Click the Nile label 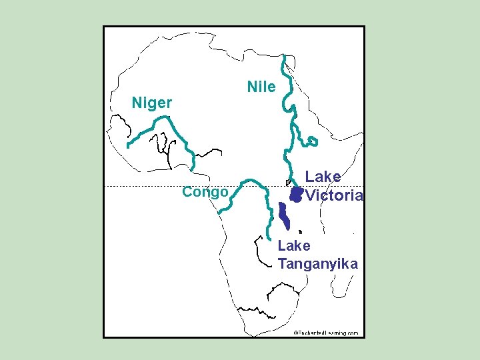pyautogui.click(x=261, y=87)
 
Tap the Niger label pyautogui.click(x=152, y=103)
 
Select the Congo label pyautogui.click(x=205, y=193)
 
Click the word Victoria pyautogui.click(x=334, y=195)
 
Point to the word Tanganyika pyautogui.click(x=318, y=263)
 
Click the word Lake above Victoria pyautogui.click(x=323, y=177)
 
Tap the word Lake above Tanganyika pyautogui.click(x=294, y=246)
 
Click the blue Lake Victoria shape pyautogui.click(x=295, y=194)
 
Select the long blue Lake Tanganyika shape pyautogui.click(x=285, y=217)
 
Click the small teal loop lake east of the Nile pyautogui.click(x=311, y=141)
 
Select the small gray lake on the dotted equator pyautogui.click(x=288, y=182)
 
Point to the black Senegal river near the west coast pyautogui.click(x=121, y=124)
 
